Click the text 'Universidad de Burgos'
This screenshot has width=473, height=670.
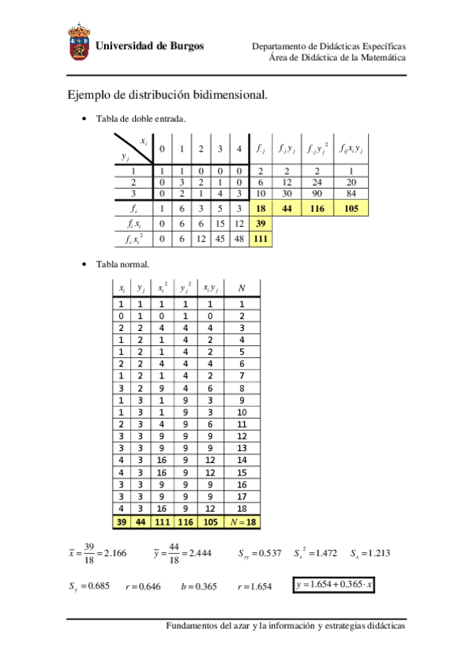pos(149,46)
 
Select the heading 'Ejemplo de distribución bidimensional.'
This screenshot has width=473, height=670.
pos(167,95)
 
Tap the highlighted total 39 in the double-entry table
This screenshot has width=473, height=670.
pos(260,224)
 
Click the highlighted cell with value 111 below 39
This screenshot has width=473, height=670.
pos(260,239)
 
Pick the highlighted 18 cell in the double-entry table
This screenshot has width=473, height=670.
pos(260,209)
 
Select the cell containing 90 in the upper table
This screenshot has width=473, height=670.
pos(317,194)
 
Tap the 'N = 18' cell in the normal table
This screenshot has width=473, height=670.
pos(241,522)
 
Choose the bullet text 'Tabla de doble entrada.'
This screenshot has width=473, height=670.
pos(141,119)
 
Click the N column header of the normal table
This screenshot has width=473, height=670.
pos(241,288)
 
